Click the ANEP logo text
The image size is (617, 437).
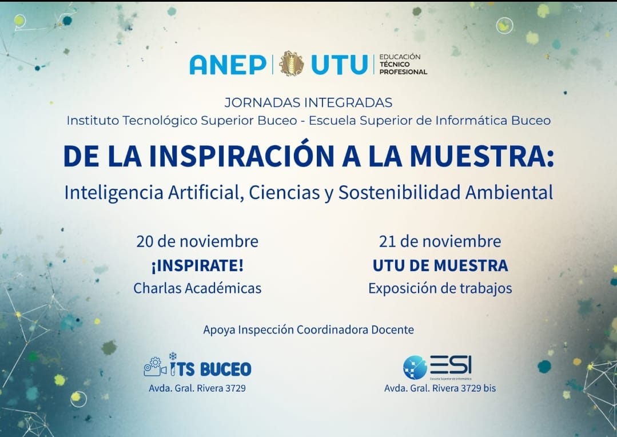tap(228, 65)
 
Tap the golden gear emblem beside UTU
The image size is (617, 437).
tap(292, 63)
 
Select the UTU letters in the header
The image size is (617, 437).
tap(340, 65)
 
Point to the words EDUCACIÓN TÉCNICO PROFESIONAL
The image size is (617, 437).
tap(403, 64)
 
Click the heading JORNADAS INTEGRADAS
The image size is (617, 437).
tap(309, 102)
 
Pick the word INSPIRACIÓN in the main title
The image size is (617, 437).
tap(242, 156)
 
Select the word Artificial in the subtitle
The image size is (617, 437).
tap(204, 193)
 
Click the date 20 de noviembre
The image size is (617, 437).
tap(197, 241)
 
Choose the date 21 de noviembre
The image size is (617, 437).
tap(440, 241)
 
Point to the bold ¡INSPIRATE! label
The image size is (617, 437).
tap(197, 265)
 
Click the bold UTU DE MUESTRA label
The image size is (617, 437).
tap(440, 265)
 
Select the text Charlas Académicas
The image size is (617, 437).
tap(197, 288)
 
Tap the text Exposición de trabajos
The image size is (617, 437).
tap(440, 288)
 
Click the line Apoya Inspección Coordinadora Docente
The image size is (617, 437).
tap(309, 329)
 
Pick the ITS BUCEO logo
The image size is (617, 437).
tap(197, 365)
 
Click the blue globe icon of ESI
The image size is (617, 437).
tap(415, 367)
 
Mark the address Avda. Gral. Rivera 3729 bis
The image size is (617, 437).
tap(440, 388)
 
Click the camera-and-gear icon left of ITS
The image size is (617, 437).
tap(155, 367)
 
